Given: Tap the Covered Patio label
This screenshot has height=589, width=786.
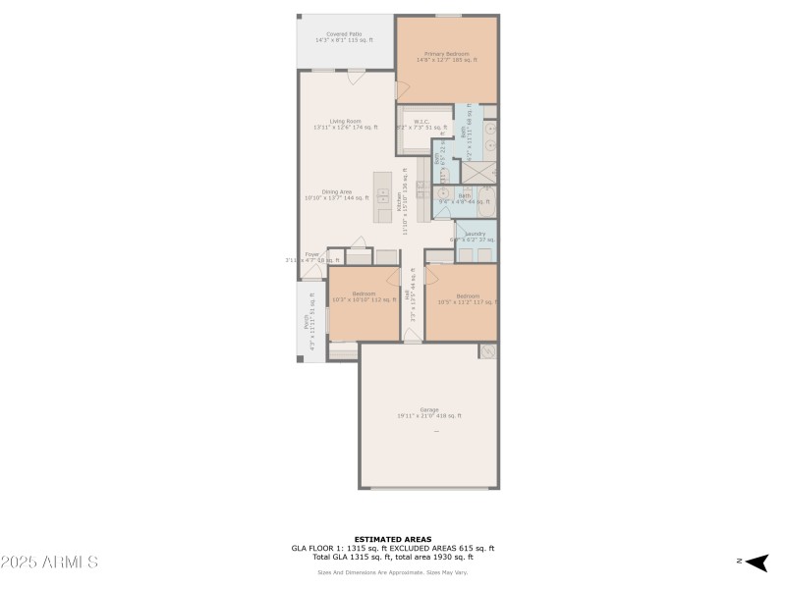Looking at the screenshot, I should point(344,37).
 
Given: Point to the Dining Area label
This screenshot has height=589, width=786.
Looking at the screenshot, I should point(337,194).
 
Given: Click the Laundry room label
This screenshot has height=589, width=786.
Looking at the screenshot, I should point(476,237).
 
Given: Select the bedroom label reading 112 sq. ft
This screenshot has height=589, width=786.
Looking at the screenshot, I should point(364,296).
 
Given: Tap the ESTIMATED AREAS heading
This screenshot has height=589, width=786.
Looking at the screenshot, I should point(392,539).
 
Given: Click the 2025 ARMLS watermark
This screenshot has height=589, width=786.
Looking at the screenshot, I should point(49,562).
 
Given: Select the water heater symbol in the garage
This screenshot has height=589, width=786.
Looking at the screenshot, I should point(486,351).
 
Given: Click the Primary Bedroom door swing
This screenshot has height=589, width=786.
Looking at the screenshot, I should point(402,88).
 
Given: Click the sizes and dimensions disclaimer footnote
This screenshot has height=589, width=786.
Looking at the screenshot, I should point(392,572).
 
